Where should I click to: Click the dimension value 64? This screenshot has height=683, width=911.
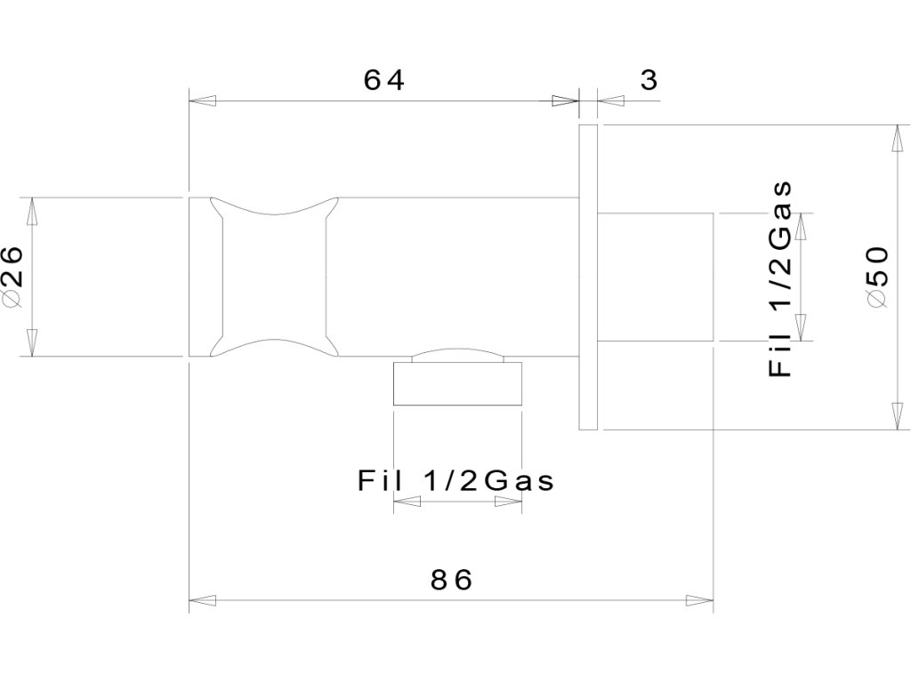(384, 80)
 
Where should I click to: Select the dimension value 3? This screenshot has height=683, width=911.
(649, 80)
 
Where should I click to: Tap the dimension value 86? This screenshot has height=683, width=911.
(451, 580)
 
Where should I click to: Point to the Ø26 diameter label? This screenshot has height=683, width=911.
(18, 277)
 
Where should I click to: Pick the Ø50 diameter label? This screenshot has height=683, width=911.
(876, 277)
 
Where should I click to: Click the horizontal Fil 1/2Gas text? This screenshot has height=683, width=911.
(455, 481)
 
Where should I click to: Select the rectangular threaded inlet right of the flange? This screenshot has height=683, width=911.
(656, 277)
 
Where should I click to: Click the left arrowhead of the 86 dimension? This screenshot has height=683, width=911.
(201, 601)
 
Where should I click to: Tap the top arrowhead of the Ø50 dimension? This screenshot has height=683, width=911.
(897, 139)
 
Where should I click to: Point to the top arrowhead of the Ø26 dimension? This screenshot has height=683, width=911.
(33, 210)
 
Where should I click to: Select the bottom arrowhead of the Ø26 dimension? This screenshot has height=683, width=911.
(33, 344)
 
